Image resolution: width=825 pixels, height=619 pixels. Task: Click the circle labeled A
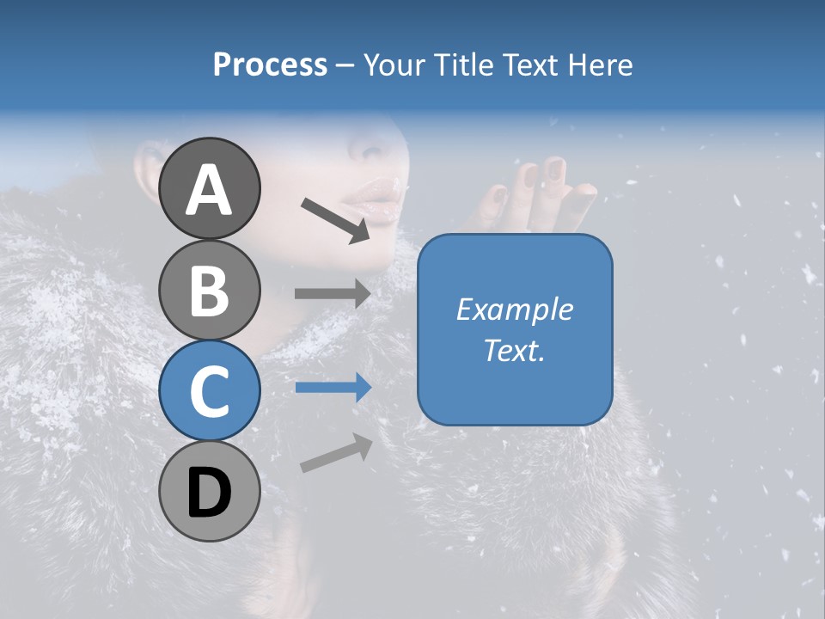pos(209,188)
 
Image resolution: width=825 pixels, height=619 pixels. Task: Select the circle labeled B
pos(209,290)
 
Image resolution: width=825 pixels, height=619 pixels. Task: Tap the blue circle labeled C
pos(209,391)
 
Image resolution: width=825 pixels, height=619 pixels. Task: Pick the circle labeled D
pos(209,492)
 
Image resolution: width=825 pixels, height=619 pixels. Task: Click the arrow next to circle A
pos(335,219)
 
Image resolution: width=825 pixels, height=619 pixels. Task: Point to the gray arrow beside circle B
pos(333,294)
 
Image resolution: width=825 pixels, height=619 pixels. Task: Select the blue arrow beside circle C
pos(333,388)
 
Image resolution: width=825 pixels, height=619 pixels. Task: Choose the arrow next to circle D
pos(336,453)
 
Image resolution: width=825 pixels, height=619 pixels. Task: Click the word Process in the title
pos(270,65)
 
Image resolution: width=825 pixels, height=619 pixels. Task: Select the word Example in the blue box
pos(514,309)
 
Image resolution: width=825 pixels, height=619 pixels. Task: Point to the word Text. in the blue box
pos(514,351)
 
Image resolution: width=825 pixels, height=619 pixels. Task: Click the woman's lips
pos(371,202)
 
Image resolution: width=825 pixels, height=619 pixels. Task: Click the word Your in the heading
pos(391,65)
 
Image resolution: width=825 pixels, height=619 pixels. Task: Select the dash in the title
pos(345,65)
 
